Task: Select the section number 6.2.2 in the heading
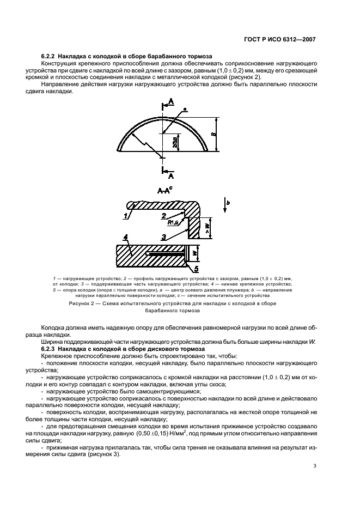click(50, 57)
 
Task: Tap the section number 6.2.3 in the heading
click(50, 348)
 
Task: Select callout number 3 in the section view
click(163, 236)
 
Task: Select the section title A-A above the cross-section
click(163, 191)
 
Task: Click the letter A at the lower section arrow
click(171, 175)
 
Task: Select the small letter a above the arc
click(185, 110)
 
